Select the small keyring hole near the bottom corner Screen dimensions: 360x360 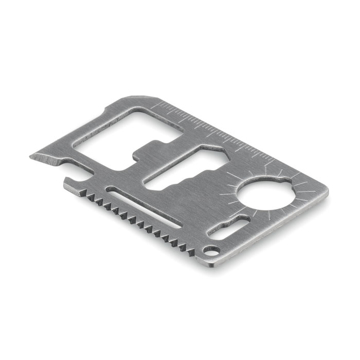212,248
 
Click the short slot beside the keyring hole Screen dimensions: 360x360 234,229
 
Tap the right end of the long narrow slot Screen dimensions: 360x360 205,217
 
